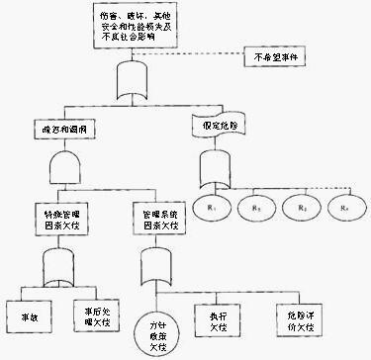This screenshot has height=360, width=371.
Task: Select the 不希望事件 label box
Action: click(278, 55)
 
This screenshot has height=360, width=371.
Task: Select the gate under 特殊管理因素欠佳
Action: click(61, 264)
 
